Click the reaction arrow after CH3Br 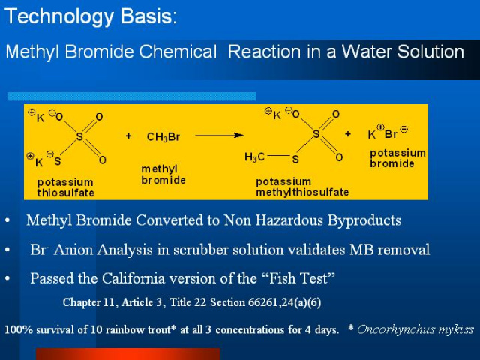coord(220,135)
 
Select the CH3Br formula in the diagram coord(163,136)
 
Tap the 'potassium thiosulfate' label coord(65,187)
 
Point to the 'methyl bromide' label coord(163,175)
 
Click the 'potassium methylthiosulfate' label coord(302,187)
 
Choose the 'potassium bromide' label coord(397,158)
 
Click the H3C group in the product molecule coord(254,157)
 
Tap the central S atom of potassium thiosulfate coord(79,136)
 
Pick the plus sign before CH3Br coord(128,136)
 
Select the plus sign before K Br coord(348,133)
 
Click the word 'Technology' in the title coord(59,16)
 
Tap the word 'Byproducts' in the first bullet coord(364,220)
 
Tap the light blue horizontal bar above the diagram coord(132,96)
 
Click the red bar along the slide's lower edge coord(128,354)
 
